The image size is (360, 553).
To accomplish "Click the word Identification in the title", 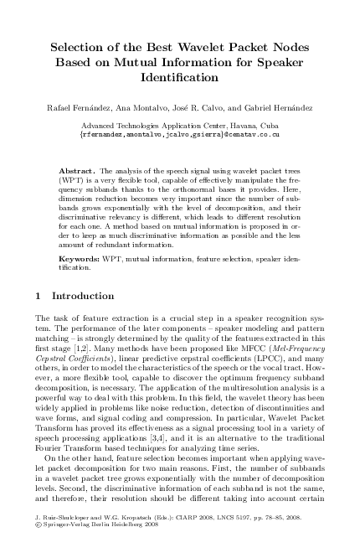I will (x=179, y=78).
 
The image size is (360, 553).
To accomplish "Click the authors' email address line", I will (x=179, y=133).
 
